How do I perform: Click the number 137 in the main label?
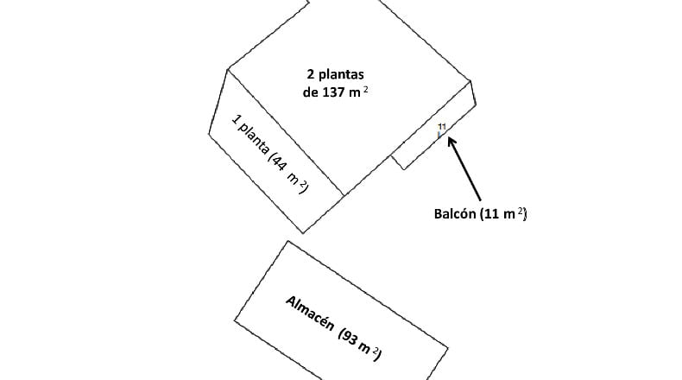point(334,92)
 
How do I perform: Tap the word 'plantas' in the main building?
point(341,75)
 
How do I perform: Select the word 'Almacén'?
point(310,313)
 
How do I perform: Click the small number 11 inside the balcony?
point(442,127)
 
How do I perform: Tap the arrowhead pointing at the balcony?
point(452,142)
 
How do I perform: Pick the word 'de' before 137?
point(311,92)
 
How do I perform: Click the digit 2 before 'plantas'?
point(311,74)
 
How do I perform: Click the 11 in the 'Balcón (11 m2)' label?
point(490,213)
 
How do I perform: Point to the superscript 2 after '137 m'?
point(366,90)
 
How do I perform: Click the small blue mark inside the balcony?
point(439,135)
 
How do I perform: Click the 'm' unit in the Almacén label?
point(364,347)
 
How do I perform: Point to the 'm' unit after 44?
point(294,178)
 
